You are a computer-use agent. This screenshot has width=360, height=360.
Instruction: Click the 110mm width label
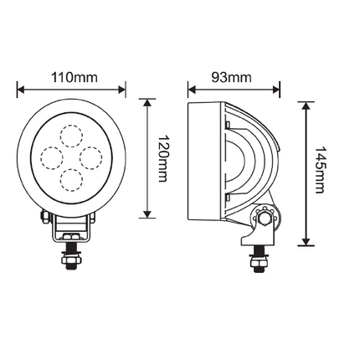click(74, 78)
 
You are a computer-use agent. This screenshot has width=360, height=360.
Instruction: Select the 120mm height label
click(164, 158)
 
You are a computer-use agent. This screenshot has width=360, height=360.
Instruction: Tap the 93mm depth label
click(231, 78)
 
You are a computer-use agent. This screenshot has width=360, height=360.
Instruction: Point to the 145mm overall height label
click(320, 173)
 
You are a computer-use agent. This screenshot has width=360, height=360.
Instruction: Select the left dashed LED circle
click(52, 157)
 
